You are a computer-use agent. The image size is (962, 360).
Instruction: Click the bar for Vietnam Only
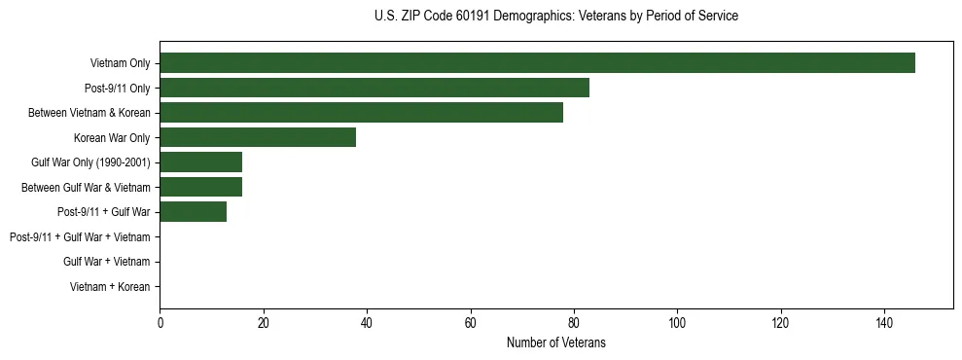(537, 63)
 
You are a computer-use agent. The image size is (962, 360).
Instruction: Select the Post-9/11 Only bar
(374, 88)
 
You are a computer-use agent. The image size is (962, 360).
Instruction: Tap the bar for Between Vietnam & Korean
(361, 113)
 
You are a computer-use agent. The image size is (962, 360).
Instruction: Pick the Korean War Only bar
(258, 137)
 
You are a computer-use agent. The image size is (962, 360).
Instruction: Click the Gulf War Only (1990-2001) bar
(200, 162)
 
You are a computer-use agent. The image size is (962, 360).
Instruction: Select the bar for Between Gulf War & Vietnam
(200, 187)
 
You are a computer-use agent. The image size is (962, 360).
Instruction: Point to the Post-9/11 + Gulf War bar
(193, 212)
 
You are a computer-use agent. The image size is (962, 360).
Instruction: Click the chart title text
(555, 17)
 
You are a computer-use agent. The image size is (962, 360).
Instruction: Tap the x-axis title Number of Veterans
(555, 342)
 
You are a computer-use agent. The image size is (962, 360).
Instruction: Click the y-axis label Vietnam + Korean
(110, 287)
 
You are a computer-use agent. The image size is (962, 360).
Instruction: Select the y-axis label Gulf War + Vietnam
(106, 262)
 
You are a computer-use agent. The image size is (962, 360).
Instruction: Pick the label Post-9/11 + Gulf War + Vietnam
(80, 237)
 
